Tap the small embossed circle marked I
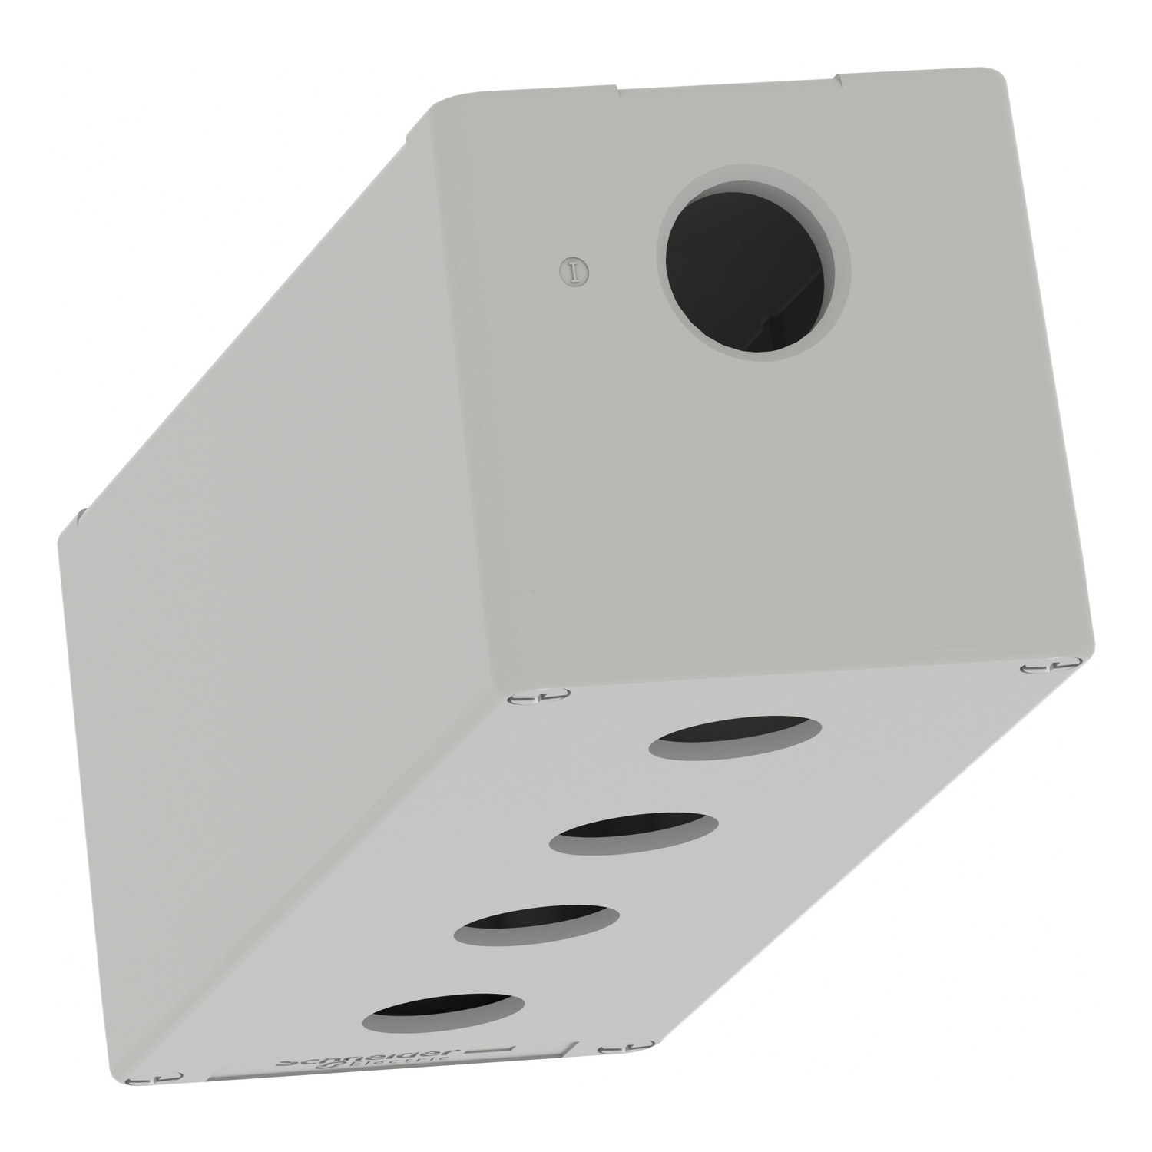[571, 270]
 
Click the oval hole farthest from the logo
[735, 737]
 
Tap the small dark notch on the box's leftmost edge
[79, 512]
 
